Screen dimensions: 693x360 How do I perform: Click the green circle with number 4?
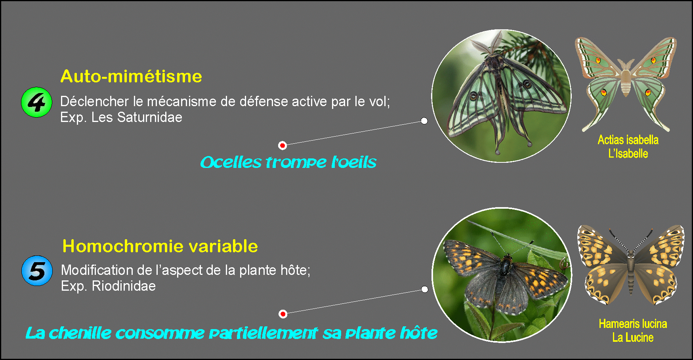(x=36, y=102)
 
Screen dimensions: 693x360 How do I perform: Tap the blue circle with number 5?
(x=37, y=271)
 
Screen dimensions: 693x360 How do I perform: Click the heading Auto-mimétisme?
(x=131, y=76)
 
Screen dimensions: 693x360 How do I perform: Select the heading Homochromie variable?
(x=160, y=246)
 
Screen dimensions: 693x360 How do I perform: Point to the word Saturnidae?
(x=149, y=117)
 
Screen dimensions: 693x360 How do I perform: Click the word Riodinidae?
(x=124, y=286)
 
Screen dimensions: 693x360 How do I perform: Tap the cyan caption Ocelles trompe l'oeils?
(x=288, y=162)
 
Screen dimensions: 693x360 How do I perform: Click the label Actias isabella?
(x=628, y=140)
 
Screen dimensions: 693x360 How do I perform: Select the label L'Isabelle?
(x=628, y=154)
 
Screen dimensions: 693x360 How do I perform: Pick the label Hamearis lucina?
(x=633, y=324)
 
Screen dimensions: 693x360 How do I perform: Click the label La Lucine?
(x=633, y=337)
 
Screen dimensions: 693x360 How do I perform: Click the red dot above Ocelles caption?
(x=283, y=145)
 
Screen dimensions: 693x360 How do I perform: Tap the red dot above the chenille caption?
(x=283, y=314)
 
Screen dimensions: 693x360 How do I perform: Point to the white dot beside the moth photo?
(x=424, y=121)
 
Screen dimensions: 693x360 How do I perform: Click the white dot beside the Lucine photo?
(x=425, y=290)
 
